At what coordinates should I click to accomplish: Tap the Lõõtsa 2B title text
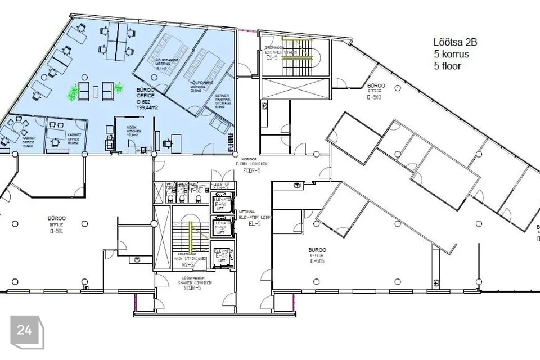pyautogui.click(x=456, y=42)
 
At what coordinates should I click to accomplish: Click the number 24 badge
pyautogui.click(x=25, y=331)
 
